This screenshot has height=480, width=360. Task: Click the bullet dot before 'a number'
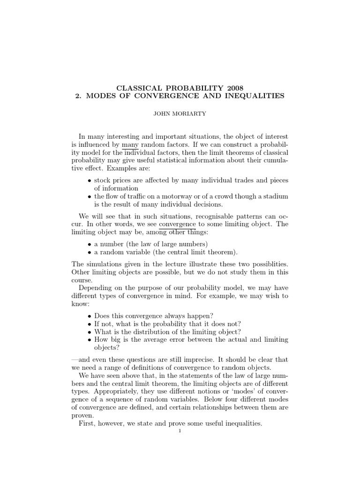(90, 244)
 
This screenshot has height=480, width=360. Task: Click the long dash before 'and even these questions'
(75, 359)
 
